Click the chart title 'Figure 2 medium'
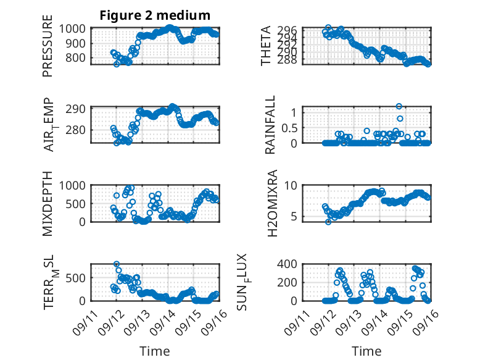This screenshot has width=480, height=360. tap(155, 15)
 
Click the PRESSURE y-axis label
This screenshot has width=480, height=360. tap(48, 50)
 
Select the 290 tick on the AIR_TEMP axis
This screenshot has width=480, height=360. tap(79, 109)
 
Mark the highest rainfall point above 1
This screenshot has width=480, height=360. tap(399, 106)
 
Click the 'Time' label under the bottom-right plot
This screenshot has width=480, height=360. tap(366, 351)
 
